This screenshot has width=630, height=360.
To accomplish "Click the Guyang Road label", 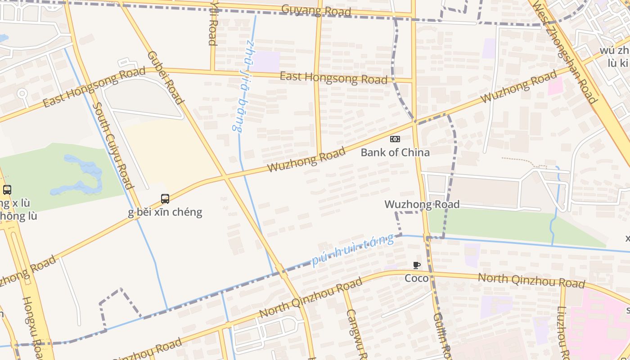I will (x=316, y=10).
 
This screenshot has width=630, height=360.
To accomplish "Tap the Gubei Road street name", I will (x=166, y=77).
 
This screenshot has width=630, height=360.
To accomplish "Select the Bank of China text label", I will (x=395, y=153).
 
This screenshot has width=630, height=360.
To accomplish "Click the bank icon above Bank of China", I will (x=395, y=139).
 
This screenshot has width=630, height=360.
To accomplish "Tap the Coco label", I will (x=417, y=278).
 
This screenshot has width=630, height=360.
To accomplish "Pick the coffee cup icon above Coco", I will (x=417, y=265).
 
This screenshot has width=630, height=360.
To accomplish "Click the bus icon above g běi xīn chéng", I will (x=165, y=198).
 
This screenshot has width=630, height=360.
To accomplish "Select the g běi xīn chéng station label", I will (x=165, y=212).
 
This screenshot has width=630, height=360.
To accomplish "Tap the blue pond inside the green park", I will (x=83, y=173).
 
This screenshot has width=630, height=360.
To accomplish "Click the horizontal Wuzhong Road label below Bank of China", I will (x=422, y=205).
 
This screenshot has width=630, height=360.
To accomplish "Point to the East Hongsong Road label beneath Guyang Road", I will (x=333, y=78).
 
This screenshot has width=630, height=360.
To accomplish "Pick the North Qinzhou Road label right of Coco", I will (x=531, y=280).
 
